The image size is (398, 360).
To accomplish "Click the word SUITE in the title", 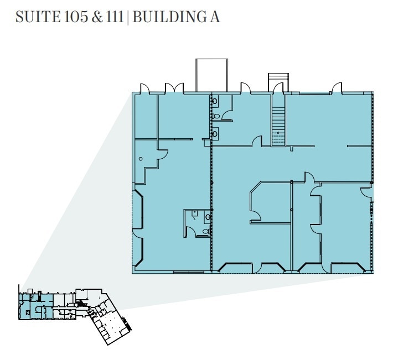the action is coord(38,17).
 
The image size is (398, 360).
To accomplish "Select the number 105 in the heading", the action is coord(76,17).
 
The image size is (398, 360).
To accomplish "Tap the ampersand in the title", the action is coord(97,17).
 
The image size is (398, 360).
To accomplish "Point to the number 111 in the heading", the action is coord(115,17).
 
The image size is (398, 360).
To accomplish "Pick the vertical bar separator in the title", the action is coord(128,17).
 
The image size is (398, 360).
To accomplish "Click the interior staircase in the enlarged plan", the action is coord(278,126).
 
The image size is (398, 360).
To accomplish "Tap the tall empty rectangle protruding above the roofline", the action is coord(211,75).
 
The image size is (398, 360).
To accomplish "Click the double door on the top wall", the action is coord(174,88).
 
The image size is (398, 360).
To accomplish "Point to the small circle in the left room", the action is coord(141,159).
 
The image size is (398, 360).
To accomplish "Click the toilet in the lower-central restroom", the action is coord(206,231).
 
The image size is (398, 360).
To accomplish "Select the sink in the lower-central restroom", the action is coord(208,217).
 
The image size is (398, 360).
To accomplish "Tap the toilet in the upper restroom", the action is coord(215,116).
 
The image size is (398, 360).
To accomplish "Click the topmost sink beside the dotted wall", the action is coord(214,101).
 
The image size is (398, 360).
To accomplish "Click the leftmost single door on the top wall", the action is coord(145,88).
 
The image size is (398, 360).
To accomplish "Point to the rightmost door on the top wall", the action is coord(337,88).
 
